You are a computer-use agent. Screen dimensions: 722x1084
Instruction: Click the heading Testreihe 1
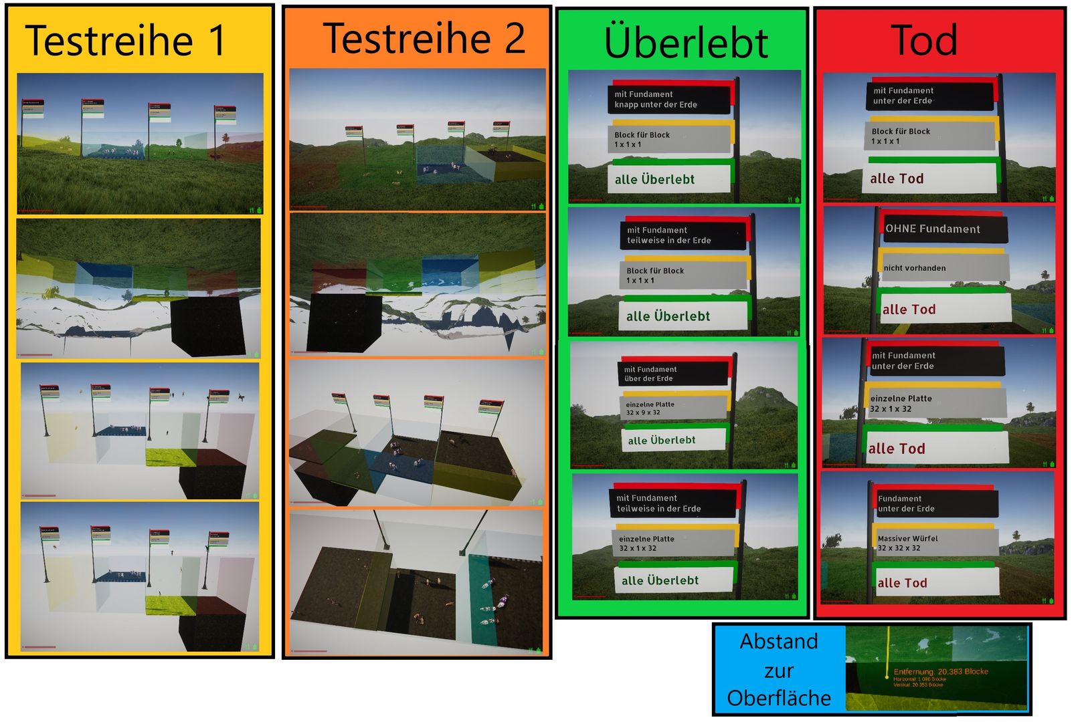click(126, 40)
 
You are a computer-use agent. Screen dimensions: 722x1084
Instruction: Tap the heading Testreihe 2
click(424, 38)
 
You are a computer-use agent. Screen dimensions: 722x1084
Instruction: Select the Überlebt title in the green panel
click(686, 43)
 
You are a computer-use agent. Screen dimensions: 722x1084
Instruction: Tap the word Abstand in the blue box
click(779, 642)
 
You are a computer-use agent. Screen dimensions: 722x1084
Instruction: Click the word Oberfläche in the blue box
click(779, 698)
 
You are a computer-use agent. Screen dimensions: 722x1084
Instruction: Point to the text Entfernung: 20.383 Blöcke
click(940, 671)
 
